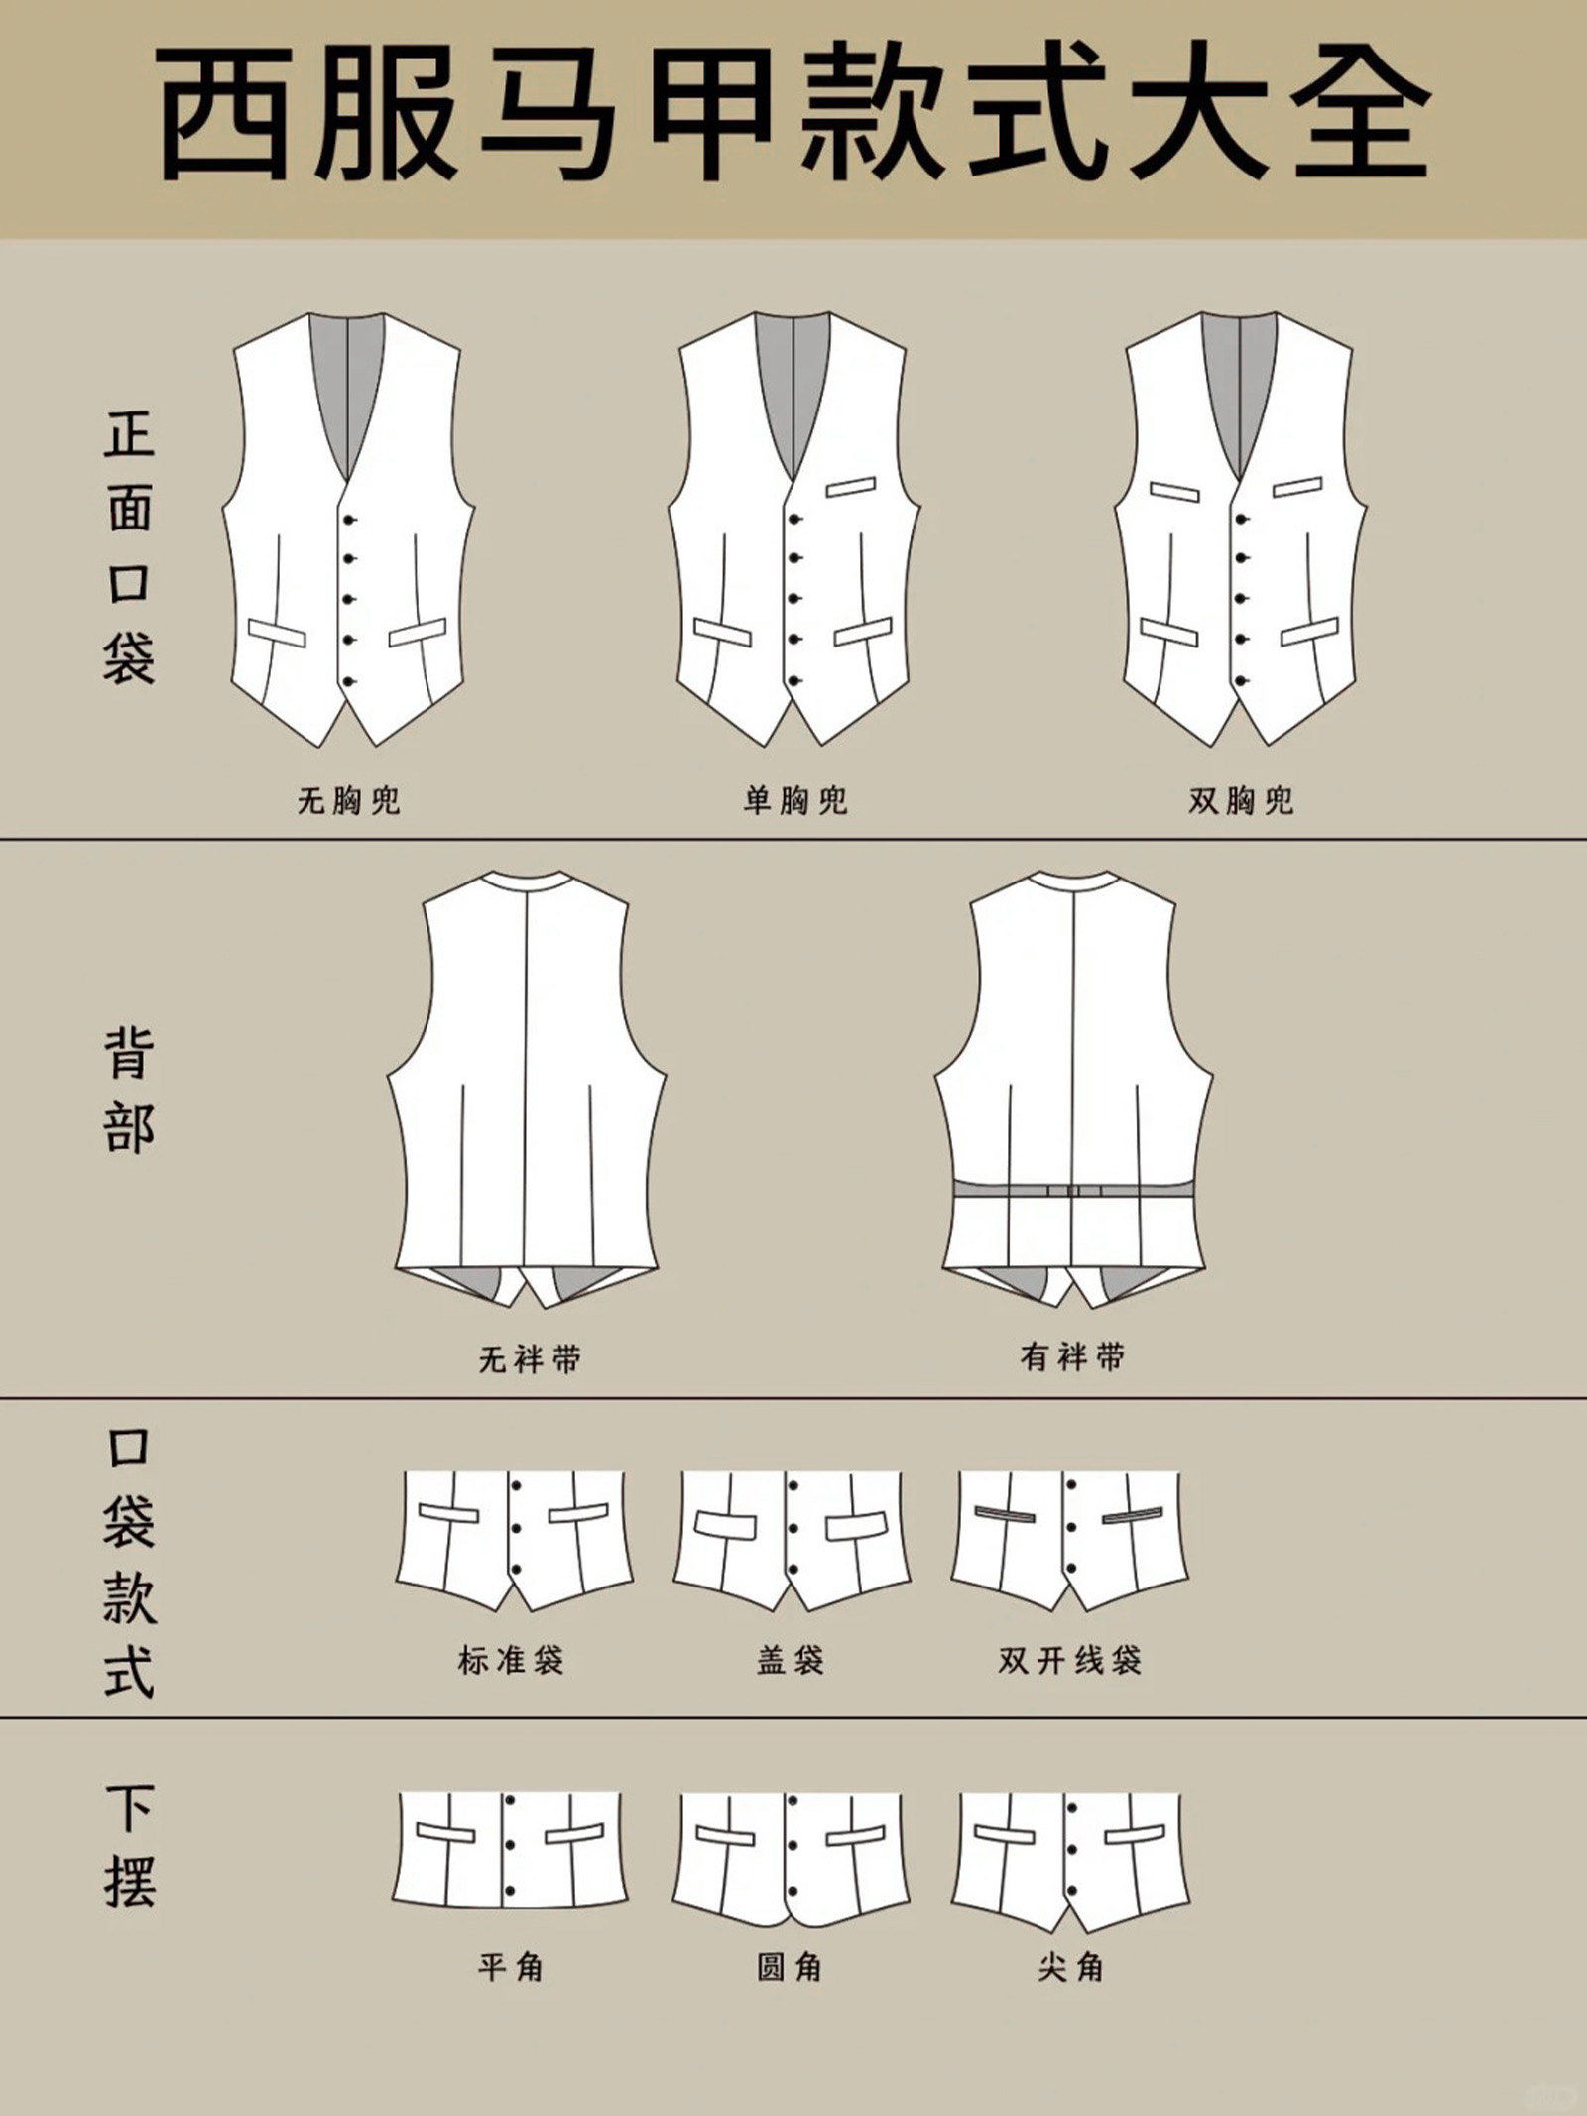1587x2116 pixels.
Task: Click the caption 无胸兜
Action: click(x=348, y=800)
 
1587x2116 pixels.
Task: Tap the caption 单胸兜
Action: click(x=795, y=800)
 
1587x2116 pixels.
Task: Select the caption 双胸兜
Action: click(x=1242, y=800)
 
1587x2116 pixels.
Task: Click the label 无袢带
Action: click(x=530, y=1358)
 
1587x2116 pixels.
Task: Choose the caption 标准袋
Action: click(x=511, y=1659)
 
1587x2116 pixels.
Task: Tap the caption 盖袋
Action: click(x=791, y=1659)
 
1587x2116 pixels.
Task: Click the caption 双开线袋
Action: click(x=1070, y=1659)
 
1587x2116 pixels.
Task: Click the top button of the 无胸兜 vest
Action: click(x=349, y=519)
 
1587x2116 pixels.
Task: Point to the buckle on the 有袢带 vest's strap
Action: click(x=1075, y=1190)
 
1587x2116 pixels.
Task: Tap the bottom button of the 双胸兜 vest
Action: click(x=1242, y=680)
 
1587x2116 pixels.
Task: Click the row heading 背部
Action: click(x=129, y=1090)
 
